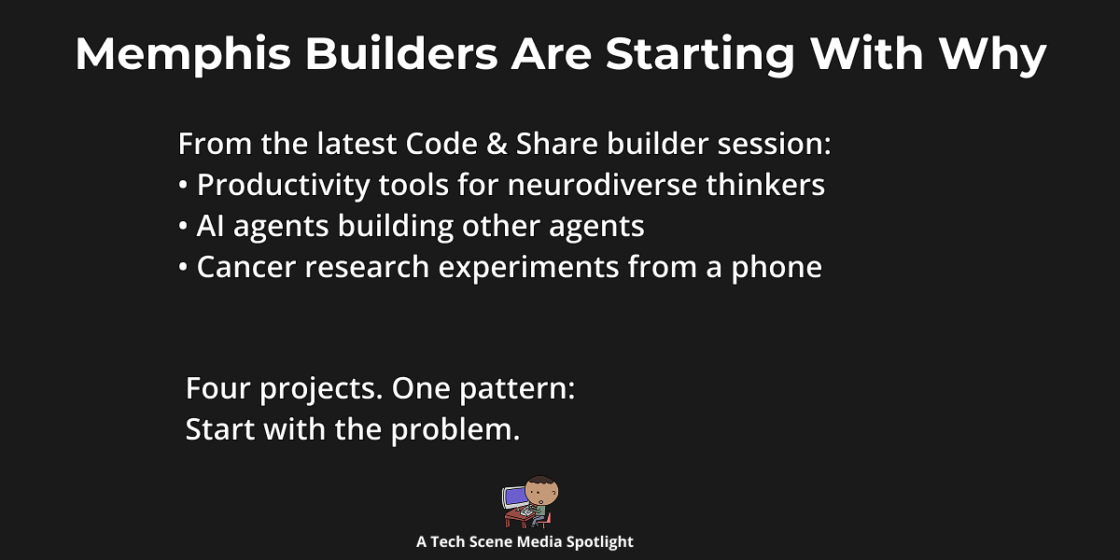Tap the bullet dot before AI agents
coord(183,227)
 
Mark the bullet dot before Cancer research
coord(183,268)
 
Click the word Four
coord(217,388)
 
